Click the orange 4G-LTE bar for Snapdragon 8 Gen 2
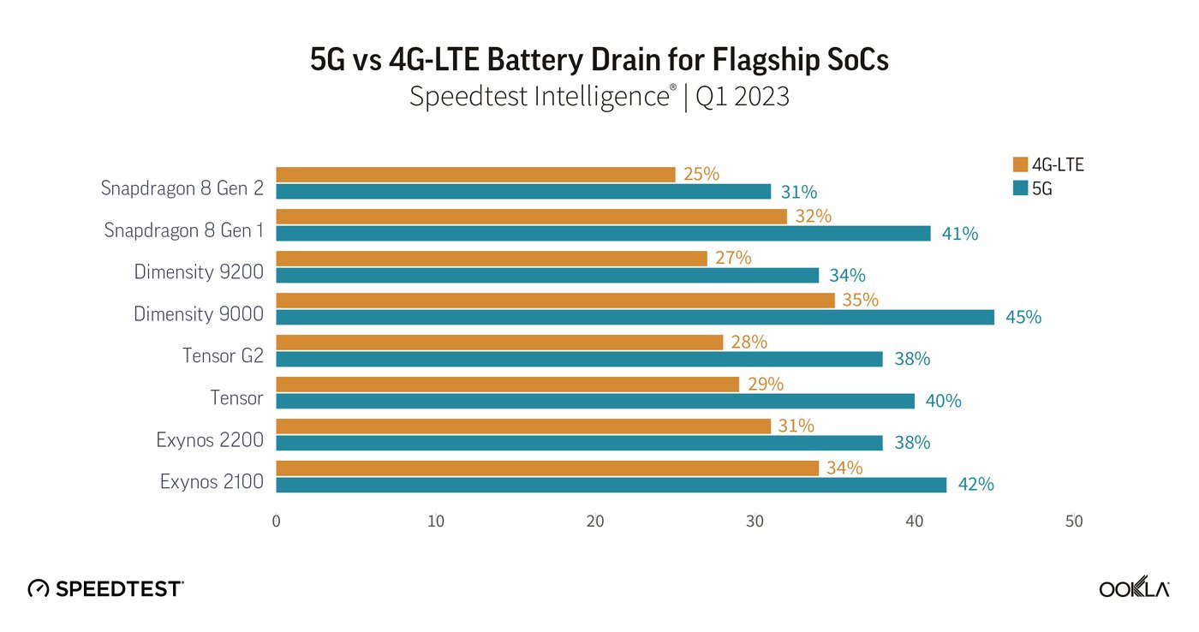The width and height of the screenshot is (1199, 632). coord(475,175)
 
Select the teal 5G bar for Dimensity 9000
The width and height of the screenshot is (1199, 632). coord(635,317)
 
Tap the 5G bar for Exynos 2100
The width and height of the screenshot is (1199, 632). coord(611,485)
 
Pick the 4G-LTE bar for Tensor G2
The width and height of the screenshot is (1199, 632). coord(499,343)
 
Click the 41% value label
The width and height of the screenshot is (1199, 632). coord(959,233)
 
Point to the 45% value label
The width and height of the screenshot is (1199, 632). coord(1023,317)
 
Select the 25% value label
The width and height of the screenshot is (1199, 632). coord(701,175)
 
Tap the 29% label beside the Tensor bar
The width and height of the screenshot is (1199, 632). coord(765,385)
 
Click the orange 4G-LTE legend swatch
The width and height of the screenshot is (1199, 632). coord(1019,165)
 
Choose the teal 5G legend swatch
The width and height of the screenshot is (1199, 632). coord(1019,189)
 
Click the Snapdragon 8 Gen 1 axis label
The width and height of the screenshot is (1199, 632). coord(183,230)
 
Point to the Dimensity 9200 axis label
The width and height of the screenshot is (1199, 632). coord(199,272)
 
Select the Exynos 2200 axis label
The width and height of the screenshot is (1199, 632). coord(210,440)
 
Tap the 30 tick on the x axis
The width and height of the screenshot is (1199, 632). coord(755,522)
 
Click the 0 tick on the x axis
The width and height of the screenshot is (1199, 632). coord(276,522)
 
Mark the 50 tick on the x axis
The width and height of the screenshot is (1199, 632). coord(1074,522)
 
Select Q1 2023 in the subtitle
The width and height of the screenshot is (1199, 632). coord(742,97)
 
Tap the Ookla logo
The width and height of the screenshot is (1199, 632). coord(1134,588)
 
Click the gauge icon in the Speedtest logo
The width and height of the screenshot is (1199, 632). coord(39,588)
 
